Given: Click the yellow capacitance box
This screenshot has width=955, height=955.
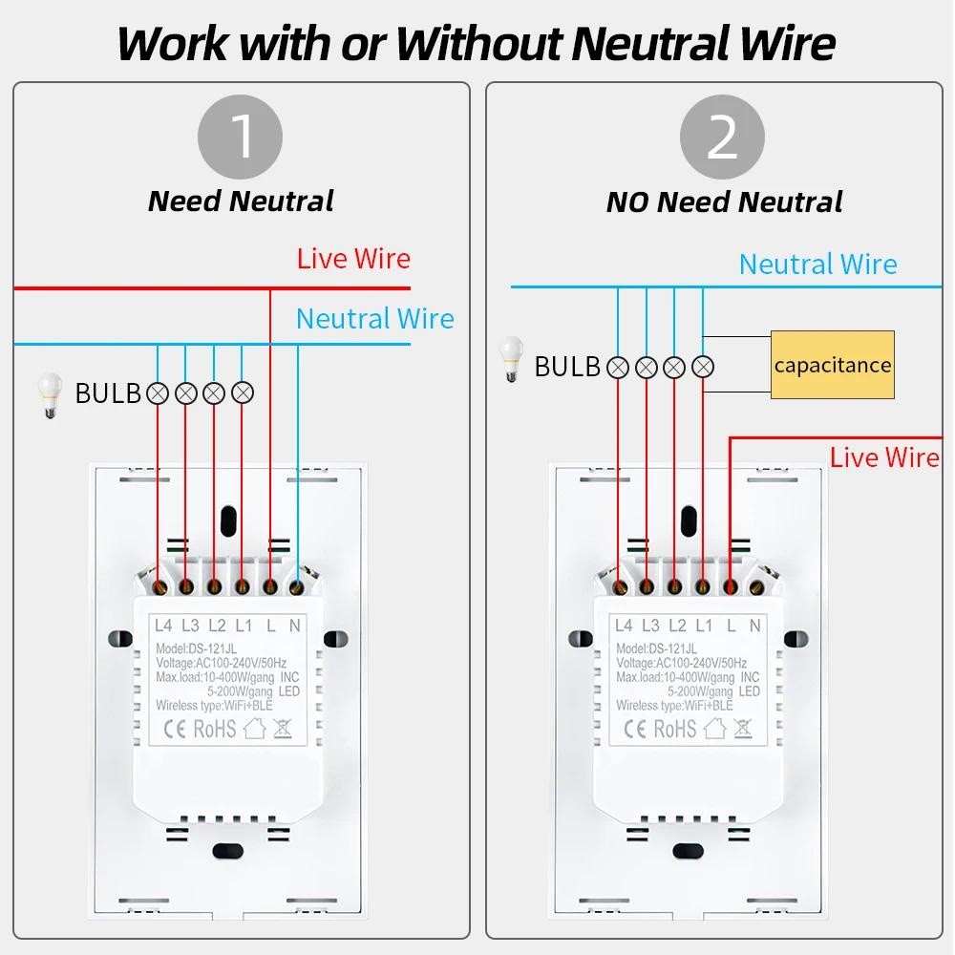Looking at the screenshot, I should coord(832,364).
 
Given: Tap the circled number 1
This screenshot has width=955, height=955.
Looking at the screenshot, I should coord(240,137).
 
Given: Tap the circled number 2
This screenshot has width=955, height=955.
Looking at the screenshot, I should coord(722,138).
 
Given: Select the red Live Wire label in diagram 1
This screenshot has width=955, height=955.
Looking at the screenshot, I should coord(353,259).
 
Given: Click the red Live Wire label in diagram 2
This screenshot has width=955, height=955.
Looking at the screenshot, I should coord(884,457).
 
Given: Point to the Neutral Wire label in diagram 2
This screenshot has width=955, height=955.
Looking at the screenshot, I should coord(818,265).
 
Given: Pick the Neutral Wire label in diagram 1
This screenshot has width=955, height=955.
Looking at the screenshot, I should coord(374,319).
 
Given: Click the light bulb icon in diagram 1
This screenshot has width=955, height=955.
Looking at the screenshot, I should coord(47,394).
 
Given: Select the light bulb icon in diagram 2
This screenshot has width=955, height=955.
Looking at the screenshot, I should coord(513,359).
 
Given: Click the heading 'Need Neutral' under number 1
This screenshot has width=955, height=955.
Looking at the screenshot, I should coord(241,202).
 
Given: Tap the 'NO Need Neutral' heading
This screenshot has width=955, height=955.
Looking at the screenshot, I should coord(724,202).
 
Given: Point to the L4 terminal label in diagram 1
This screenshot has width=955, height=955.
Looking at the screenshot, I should coord(163,626).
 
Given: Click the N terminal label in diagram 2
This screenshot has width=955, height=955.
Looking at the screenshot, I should coord(755,626).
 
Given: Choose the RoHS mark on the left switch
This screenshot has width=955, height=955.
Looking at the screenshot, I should coord(214,729).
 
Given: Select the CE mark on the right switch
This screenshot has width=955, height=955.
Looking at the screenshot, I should coord(633,729).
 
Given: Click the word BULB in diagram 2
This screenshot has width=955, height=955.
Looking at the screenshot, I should coord(567,367).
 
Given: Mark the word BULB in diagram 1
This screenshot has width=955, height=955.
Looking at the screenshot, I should coord(108,393).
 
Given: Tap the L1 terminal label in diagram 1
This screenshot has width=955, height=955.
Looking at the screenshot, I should coord(244,626).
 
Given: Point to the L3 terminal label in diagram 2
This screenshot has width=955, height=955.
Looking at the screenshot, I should coord(650,626).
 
